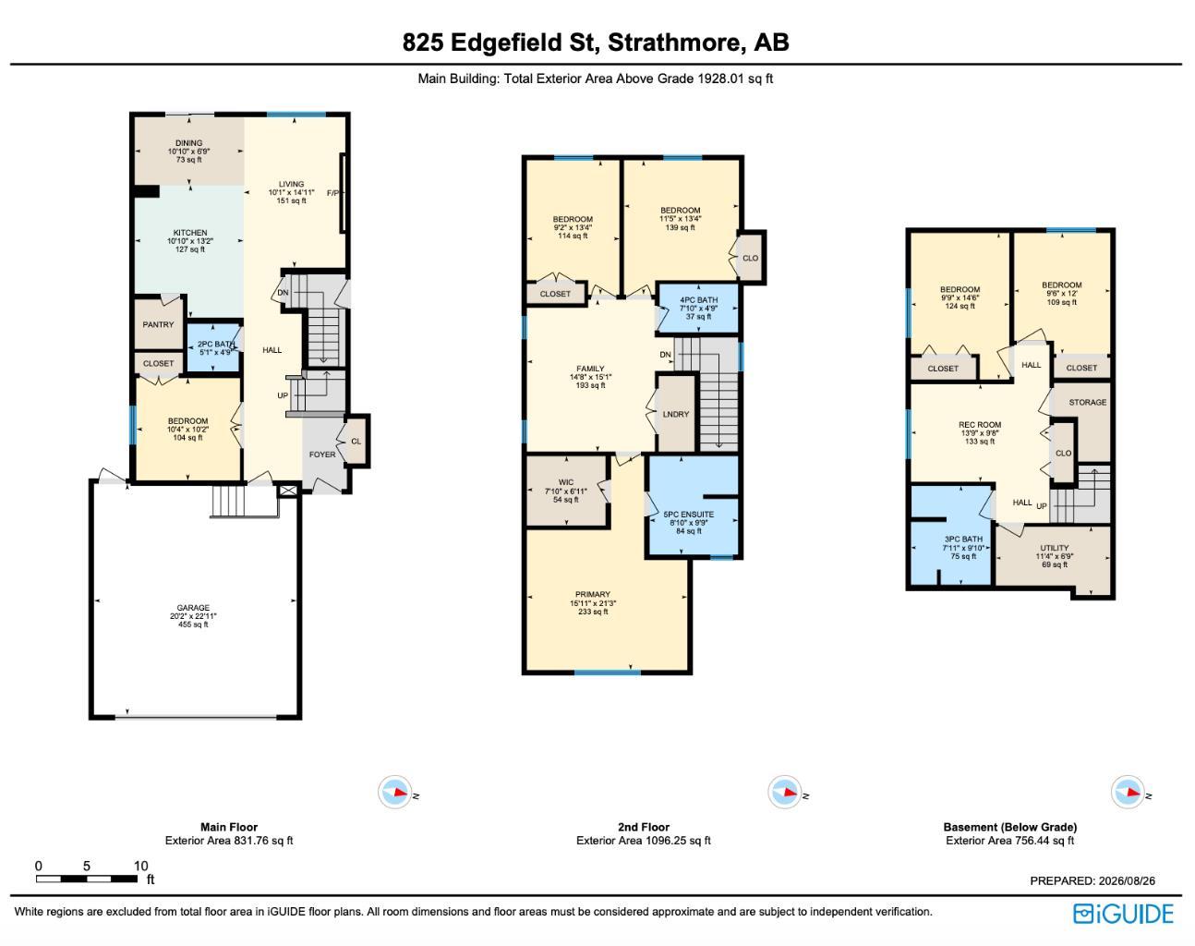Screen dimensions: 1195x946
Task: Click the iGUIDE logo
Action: point(1123,914)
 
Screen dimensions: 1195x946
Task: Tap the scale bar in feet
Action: point(87,879)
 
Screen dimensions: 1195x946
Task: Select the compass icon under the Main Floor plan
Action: point(395,792)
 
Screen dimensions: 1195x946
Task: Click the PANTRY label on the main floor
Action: point(158,324)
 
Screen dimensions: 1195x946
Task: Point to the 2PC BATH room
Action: point(214,347)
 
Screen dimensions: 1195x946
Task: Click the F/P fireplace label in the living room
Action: point(332,193)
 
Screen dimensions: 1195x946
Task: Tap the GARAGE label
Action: point(193,608)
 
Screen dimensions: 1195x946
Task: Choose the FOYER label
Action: point(322,455)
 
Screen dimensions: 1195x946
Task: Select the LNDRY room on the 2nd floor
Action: point(676,414)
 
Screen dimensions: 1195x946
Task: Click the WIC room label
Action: point(566,482)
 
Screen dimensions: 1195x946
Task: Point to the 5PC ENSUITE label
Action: point(689,515)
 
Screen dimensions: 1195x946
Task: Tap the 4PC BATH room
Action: point(697,309)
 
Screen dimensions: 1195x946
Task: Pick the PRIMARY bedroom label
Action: point(593,594)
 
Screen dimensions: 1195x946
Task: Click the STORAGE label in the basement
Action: point(1087,402)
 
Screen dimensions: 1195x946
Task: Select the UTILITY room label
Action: point(1055,548)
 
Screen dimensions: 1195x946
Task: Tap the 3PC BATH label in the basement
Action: point(963,539)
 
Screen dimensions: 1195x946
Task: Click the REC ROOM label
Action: point(980,424)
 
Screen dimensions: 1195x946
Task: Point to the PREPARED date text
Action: point(1092,881)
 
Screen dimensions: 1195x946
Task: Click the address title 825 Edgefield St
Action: point(501,42)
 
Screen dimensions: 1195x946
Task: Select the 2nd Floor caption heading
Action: point(644,827)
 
